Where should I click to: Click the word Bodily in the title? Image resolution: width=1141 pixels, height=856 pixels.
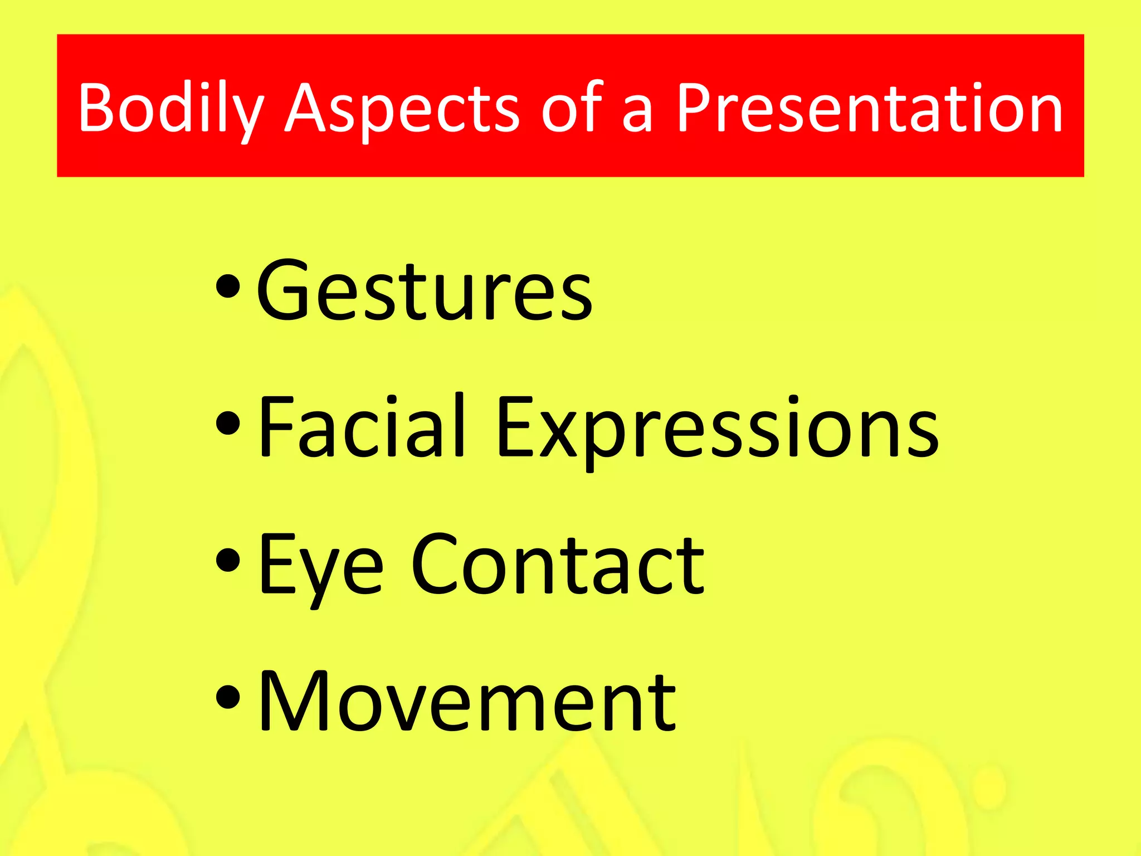[x=170, y=109]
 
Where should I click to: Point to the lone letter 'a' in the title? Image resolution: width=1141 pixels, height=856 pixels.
[x=636, y=114]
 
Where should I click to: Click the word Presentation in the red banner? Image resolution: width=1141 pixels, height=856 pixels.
[x=869, y=109]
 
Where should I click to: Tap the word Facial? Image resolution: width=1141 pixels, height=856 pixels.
[x=362, y=426]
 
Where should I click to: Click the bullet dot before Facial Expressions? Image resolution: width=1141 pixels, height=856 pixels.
[x=228, y=424]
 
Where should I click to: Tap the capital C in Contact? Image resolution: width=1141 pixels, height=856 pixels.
[x=440, y=564]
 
